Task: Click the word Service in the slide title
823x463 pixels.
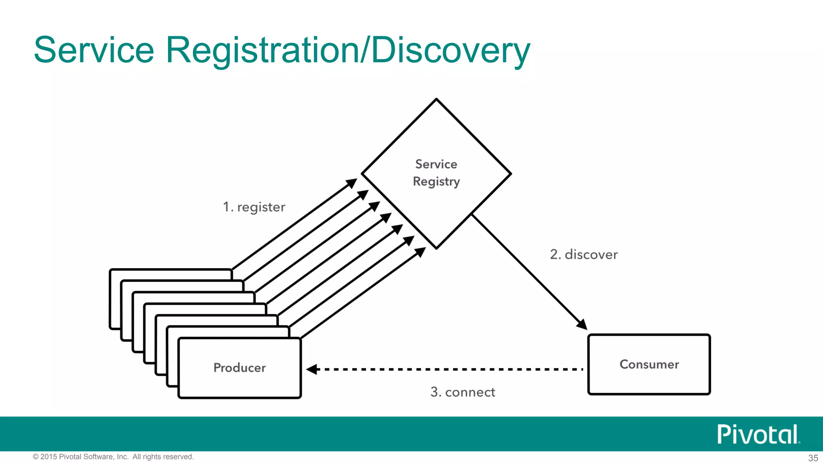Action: pyautogui.click(x=94, y=50)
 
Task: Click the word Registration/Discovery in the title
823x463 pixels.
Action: pyautogui.click(x=348, y=51)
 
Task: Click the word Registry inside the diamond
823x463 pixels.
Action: pyautogui.click(x=436, y=182)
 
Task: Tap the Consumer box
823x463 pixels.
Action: pyautogui.click(x=649, y=364)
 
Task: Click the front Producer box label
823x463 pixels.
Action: pyautogui.click(x=240, y=368)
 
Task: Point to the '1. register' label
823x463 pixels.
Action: pyautogui.click(x=254, y=207)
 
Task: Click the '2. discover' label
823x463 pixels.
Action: pyautogui.click(x=583, y=254)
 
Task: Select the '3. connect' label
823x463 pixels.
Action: pyautogui.click(x=463, y=392)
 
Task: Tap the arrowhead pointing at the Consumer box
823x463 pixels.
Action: pyautogui.click(x=582, y=324)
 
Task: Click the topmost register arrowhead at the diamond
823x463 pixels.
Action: pyautogui.click(x=352, y=183)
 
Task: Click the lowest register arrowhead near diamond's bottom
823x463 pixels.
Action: pyautogui.click(x=420, y=252)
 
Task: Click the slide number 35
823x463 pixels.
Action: pyautogui.click(x=813, y=458)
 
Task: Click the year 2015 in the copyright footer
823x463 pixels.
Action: pyautogui.click(x=49, y=457)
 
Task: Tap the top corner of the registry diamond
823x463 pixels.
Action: pyautogui.click(x=436, y=99)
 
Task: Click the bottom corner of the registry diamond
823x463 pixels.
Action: pyautogui.click(x=436, y=248)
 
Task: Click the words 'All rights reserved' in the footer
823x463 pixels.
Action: pyautogui.click(x=163, y=457)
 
